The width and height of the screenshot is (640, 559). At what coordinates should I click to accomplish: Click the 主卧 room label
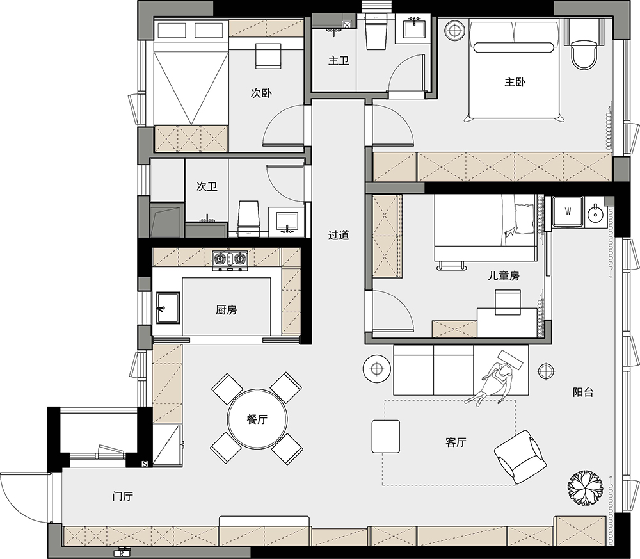[x=515, y=82]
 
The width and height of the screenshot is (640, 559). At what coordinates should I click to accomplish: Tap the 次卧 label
[x=261, y=93]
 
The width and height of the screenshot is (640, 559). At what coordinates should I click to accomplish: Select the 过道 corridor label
[x=339, y=235]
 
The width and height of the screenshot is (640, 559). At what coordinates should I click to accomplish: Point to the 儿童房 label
[x=504, y=276]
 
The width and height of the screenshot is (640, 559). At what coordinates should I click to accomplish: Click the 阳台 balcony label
[x=583, y=393]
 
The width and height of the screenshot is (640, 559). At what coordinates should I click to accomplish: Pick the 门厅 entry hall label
[x=122, y=496]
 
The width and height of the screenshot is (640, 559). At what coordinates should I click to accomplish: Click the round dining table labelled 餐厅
[x=257, y=419]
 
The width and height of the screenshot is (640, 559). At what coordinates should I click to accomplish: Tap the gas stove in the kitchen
[x=230, y=260]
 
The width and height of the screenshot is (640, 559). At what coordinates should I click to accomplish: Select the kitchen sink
[x=168, y=307]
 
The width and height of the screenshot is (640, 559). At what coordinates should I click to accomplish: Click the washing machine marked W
[x=568, y=211]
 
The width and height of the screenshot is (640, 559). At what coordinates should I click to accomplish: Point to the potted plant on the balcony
[x=586, y=487]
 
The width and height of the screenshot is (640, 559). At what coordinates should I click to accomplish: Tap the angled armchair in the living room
[x=520, y=457]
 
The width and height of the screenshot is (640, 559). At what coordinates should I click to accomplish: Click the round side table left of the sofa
[x=377, y=369]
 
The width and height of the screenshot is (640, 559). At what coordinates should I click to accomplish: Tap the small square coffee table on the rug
[x=386, y=436]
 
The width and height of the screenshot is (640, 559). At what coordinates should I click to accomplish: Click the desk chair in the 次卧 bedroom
[x=269, y=56]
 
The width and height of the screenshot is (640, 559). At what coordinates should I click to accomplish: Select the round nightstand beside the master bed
[x=454, y=30]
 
